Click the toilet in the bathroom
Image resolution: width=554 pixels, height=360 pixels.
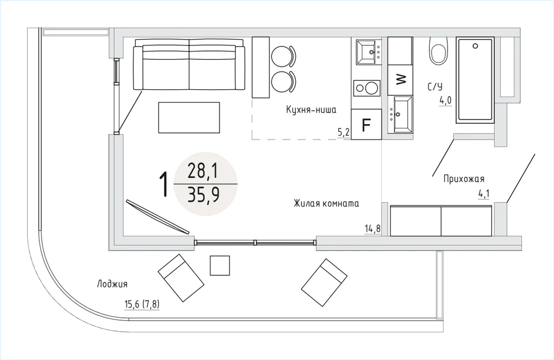coord(439,50)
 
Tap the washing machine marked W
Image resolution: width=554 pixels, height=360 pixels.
coord(400,80)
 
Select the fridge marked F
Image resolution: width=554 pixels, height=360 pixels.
coord(366,125)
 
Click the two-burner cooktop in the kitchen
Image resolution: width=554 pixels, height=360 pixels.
coord(367,88)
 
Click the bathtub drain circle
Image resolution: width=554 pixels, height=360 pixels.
coord(475,46)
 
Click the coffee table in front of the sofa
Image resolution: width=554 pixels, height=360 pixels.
coord(189,117)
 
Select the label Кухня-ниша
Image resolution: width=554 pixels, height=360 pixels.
coord(311,110)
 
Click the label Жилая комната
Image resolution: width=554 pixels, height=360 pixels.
coord(326,203)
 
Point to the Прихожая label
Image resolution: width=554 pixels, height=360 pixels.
coord(464,179)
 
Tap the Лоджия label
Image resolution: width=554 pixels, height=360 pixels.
coord(112,284)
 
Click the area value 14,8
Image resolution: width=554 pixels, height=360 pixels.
coord(373,229)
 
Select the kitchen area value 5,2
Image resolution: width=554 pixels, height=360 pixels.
coord(344,132)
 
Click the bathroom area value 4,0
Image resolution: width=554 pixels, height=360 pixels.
coord(445,101)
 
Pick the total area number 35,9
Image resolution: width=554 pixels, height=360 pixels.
coord(203,194)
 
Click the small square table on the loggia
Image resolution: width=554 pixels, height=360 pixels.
coord(220,266)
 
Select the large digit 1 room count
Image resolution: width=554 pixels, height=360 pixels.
coord(163,184)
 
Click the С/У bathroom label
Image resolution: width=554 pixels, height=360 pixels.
coord(434,86)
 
